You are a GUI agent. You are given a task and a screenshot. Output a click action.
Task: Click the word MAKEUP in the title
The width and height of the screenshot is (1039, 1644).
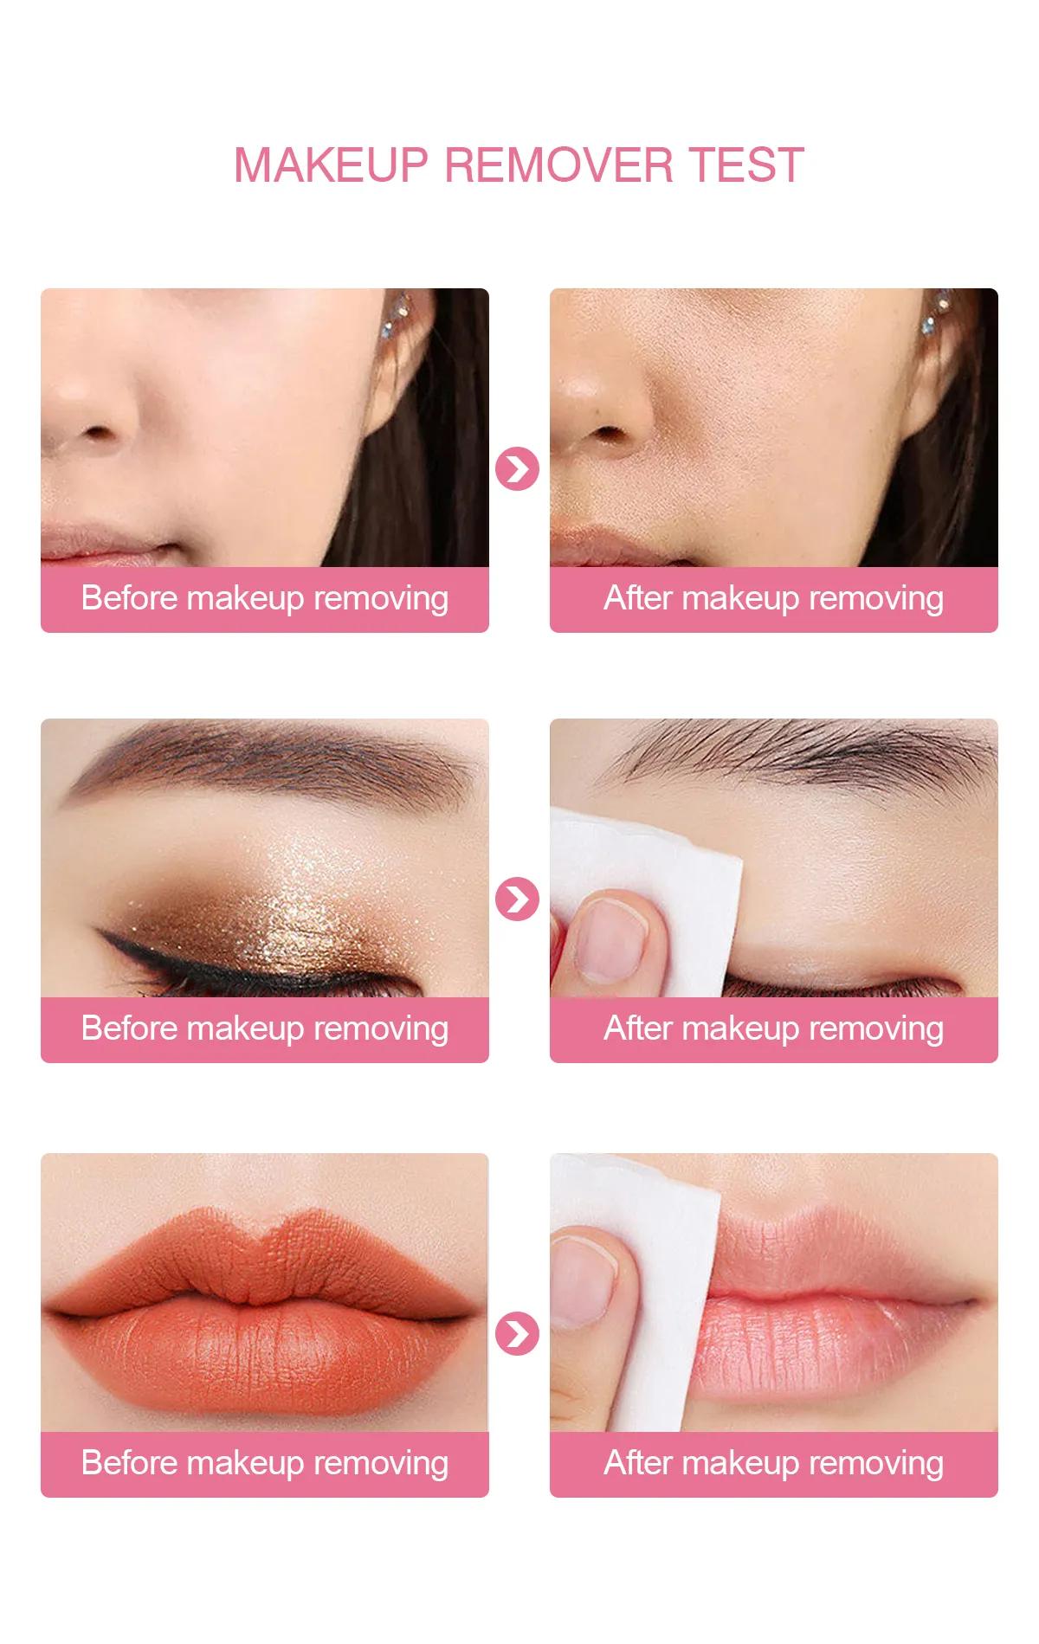point(331,164)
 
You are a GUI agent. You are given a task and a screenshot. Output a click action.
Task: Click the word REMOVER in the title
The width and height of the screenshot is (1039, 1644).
point(558,164)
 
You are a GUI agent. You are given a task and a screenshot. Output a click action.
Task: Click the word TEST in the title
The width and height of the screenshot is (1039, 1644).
point(746,164)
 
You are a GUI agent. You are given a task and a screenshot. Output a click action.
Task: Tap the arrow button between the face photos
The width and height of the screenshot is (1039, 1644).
point(517,469)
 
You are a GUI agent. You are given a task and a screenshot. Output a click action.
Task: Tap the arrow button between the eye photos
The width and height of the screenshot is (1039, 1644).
point(517,899)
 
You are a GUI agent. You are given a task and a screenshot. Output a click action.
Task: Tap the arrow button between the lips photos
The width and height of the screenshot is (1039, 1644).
point(517,1333)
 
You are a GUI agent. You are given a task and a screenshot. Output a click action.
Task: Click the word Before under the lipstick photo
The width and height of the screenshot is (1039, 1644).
point(129,1462)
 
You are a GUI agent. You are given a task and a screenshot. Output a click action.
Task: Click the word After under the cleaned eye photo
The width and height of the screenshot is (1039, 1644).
point(638,1028)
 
